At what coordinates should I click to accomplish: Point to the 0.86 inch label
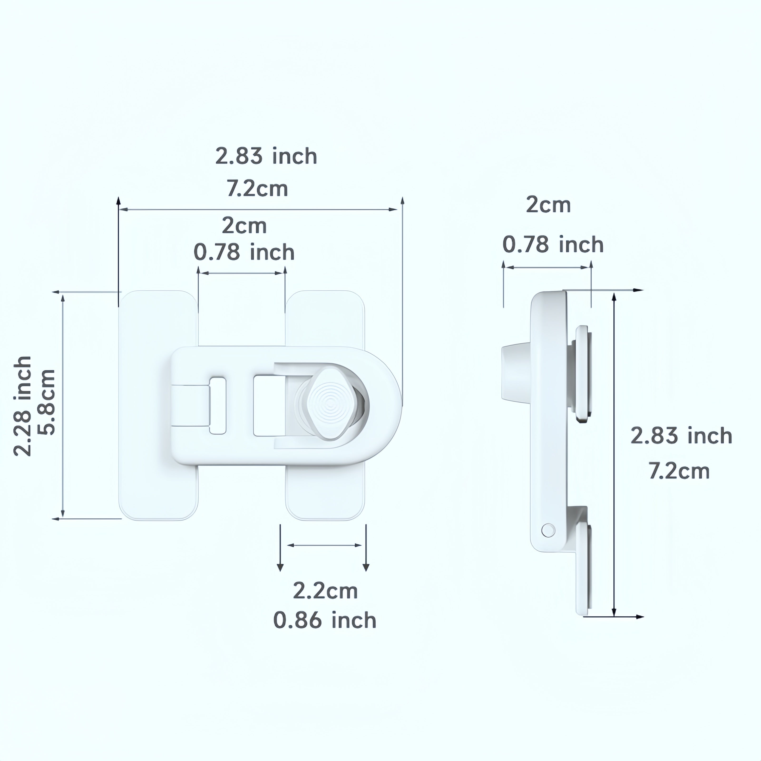(325, 620)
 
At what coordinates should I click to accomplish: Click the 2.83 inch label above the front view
(266, 156)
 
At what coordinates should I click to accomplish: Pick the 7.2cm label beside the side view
(679, 471)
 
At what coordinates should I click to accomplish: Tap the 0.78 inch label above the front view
(244, 252)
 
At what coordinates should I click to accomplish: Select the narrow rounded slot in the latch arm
(217, 406)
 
